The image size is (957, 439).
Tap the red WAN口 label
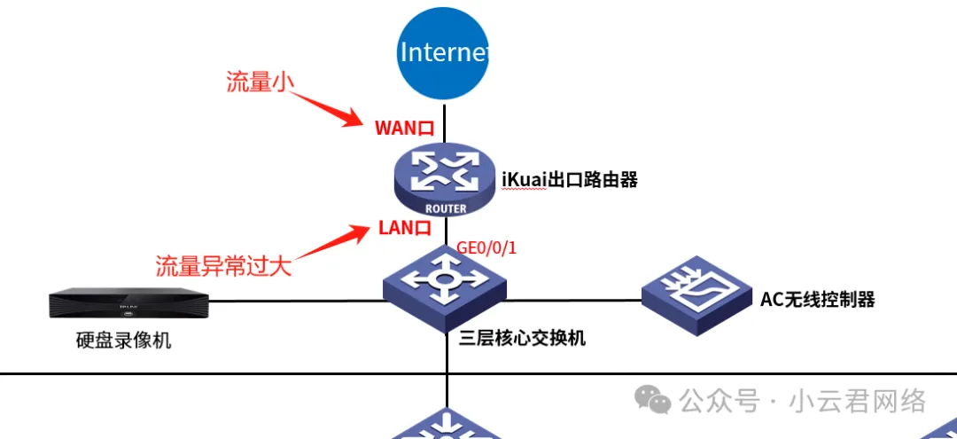click(x=404, y=128)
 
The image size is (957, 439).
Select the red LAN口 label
click(x=405, y=228)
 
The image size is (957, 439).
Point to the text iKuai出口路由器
click(x=570, y=180)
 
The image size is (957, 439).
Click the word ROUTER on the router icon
click(x=446, y=209)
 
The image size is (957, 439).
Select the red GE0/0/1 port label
click(x=486, y=247)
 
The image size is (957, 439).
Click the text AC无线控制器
click(x=817, y=300)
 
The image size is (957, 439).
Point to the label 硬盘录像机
click(x=124, y=341)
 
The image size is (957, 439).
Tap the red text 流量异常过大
click(x=223, y=265)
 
